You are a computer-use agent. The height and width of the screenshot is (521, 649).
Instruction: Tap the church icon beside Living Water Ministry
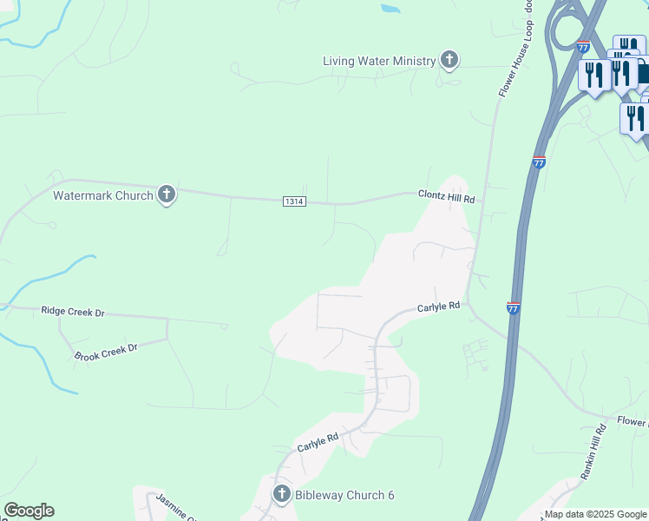point(449,60)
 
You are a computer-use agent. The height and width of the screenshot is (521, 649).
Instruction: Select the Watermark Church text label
point(102,195)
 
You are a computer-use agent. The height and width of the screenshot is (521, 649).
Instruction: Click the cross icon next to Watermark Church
point(167,195)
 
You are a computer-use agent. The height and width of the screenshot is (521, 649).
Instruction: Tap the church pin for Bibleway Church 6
point(281,495)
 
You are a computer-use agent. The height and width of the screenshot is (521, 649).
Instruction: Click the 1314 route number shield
point(294,201)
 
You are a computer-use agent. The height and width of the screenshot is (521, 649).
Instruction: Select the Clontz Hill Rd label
point(447,198)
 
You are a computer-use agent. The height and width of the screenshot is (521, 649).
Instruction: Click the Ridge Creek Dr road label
point(73,311)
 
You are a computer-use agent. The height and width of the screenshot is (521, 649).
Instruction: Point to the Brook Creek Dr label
point(106,352)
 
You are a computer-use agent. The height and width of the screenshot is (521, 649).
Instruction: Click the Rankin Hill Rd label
point(592,452)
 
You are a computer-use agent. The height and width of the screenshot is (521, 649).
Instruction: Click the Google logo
point(29,511)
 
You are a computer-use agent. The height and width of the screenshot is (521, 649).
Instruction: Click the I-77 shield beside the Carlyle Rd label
point(513,308)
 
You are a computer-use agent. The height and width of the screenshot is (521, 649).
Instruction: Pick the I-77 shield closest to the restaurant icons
point(583,45)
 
